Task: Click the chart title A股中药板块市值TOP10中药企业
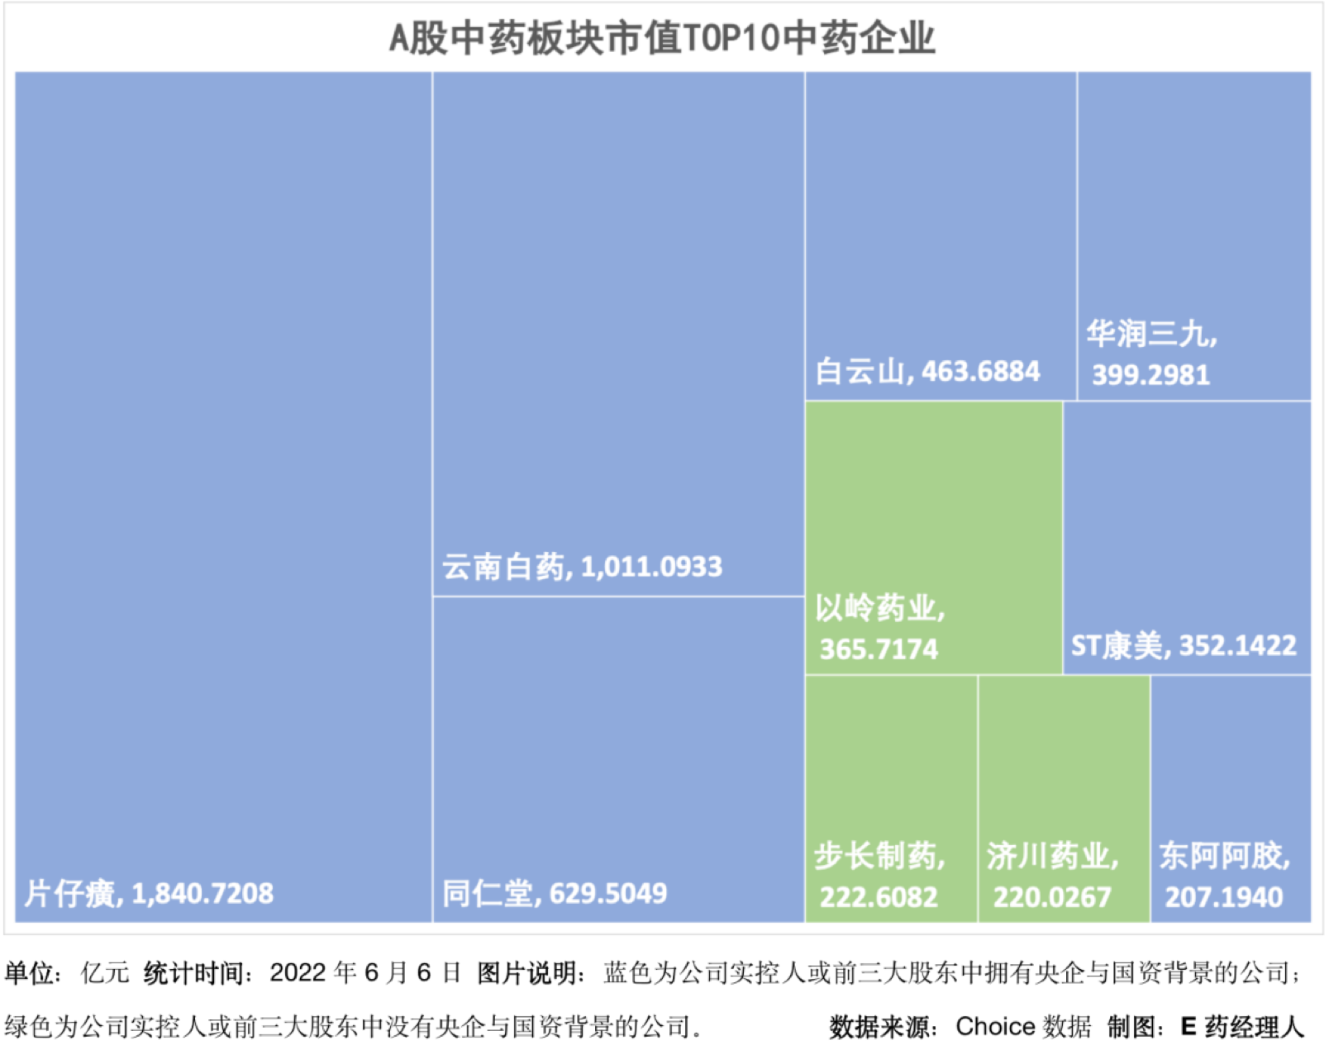[x=662, y=38]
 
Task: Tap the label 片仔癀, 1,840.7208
[x=149, y=893]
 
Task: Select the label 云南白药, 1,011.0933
[x=582, y=567]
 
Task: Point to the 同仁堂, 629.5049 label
[x=554, y=893]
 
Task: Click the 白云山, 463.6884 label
[x=926, y=372]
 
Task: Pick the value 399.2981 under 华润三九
[x=1150, y=375]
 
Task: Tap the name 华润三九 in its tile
[x=1150, y=334]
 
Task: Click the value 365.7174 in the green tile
[x=879, y=649]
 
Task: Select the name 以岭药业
[x=879, y=608]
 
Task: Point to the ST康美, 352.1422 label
[x=1184, y=645]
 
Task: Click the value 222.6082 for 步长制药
[x=879, y=897]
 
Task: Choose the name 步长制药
[x=879, y=856]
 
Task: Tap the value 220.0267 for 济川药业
[x=1052, y=897]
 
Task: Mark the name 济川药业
[x=1052, y=856]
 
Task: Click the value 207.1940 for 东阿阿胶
[x=1224, y=897]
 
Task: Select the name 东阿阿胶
[x=1224, y=856]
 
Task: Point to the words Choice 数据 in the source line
[x=1023, y=1026]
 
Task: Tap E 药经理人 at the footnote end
[x=1241, y=1026]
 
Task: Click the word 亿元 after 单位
[x=105, y=972]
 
